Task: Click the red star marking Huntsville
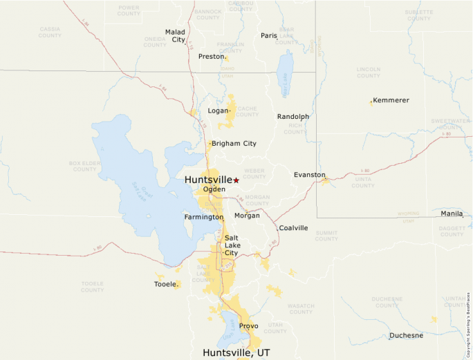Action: click(x=236, y=180)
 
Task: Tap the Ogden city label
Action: click(x=214, y=189)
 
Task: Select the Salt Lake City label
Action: click(x=231, y=245)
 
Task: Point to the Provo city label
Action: click(x=248, y=326)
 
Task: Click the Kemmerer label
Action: click(x=391, y=100)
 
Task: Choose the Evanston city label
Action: click(x=309, y=175)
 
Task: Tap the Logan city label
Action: click(x=218, y=111)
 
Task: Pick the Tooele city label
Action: click(x=165, y=284)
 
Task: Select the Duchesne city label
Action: click(x=406, y=336)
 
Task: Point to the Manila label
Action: click(x=452, y=214)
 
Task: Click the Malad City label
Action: click(x=175, y=36)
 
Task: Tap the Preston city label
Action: click(x=211, y=57)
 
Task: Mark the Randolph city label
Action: click(x=293, y=117)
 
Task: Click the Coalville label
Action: click(x=293, y=228)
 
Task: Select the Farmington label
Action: click(x=203, y=217)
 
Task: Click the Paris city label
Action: click(x=268, y=36)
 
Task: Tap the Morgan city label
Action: click(x=247, y=216)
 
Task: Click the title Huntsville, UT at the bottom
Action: click(x=236, y=352)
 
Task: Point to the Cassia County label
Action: click(x=50, y=32)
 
